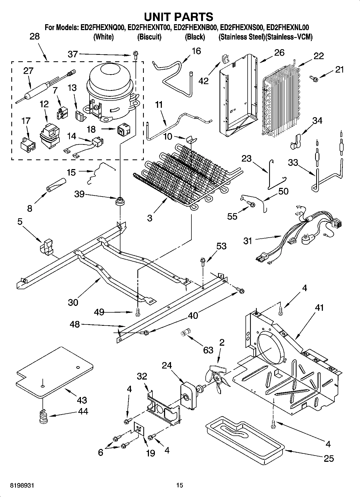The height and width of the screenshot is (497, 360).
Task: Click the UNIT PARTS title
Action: (x=179, y=17)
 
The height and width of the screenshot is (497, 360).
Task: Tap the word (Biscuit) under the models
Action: (x=149, y=37)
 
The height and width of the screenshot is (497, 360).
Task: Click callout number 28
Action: (x=35, y=37)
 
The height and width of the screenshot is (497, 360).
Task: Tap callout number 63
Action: (x=208, y=350)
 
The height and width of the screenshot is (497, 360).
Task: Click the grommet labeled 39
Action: (x=120, y=201)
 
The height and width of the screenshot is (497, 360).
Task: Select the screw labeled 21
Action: (x=313, y=78)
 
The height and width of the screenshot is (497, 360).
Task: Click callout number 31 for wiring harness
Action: (x=248, y=241)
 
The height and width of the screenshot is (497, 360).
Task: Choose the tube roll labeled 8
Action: (x=56, y=185)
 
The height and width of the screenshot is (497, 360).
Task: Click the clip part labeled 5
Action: (x=46, y=246)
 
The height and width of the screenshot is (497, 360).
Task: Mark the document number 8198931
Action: (x=22, y=485)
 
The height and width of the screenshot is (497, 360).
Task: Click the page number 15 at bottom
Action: (x=180, y=485)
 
